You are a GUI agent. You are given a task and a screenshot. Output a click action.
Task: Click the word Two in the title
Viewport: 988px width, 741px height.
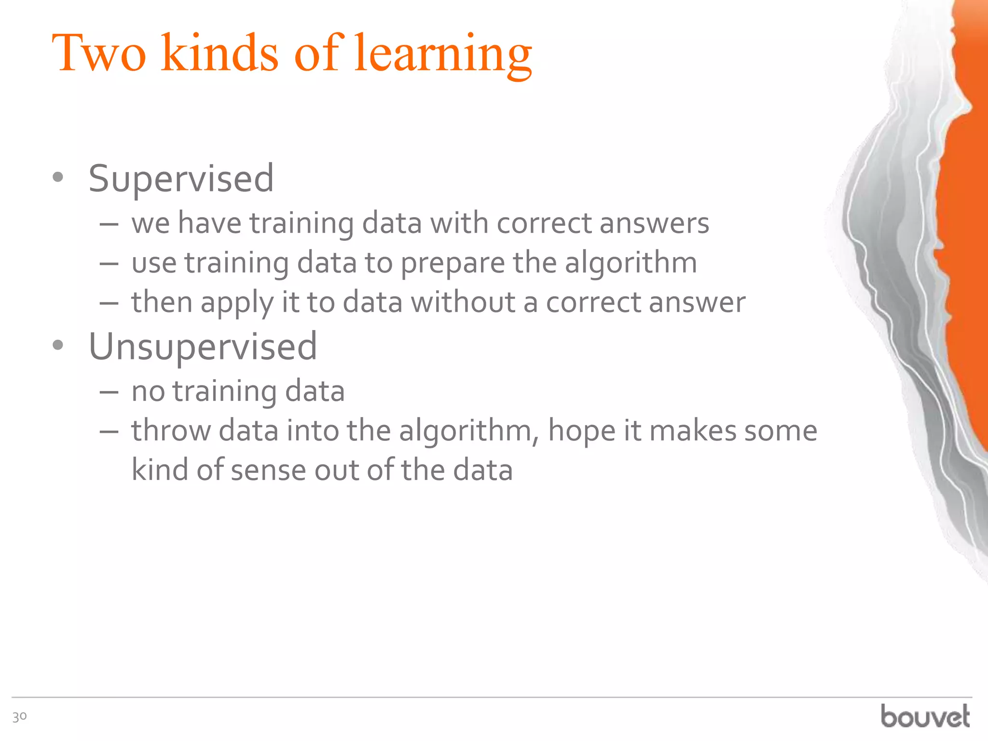(x=98, y=53)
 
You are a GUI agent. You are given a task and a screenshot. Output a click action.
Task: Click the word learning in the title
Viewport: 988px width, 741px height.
(x=442, y=54)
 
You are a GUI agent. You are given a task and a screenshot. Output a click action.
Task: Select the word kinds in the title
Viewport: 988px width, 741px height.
(x=220, y=53)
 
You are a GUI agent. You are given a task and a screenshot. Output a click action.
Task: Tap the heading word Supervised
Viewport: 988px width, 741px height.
(x=181, y=179)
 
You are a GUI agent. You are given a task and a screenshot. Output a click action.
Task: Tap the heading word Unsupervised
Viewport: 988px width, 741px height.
(x=203, y=347)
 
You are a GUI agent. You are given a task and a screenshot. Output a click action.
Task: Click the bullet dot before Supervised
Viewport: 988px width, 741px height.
(x=58, y=178)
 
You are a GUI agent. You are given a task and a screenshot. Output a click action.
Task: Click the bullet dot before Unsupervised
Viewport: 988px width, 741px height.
(x=58, y=345)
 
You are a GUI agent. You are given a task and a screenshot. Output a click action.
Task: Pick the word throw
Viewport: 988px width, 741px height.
(x=171, y=430)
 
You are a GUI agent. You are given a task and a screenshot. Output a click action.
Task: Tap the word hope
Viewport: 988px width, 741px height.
(x=581, y=431)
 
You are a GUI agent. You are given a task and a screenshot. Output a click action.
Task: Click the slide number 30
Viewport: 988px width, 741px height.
(x=19, y=717)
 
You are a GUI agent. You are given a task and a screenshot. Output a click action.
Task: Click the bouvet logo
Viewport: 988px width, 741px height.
(x=925, y=716)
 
